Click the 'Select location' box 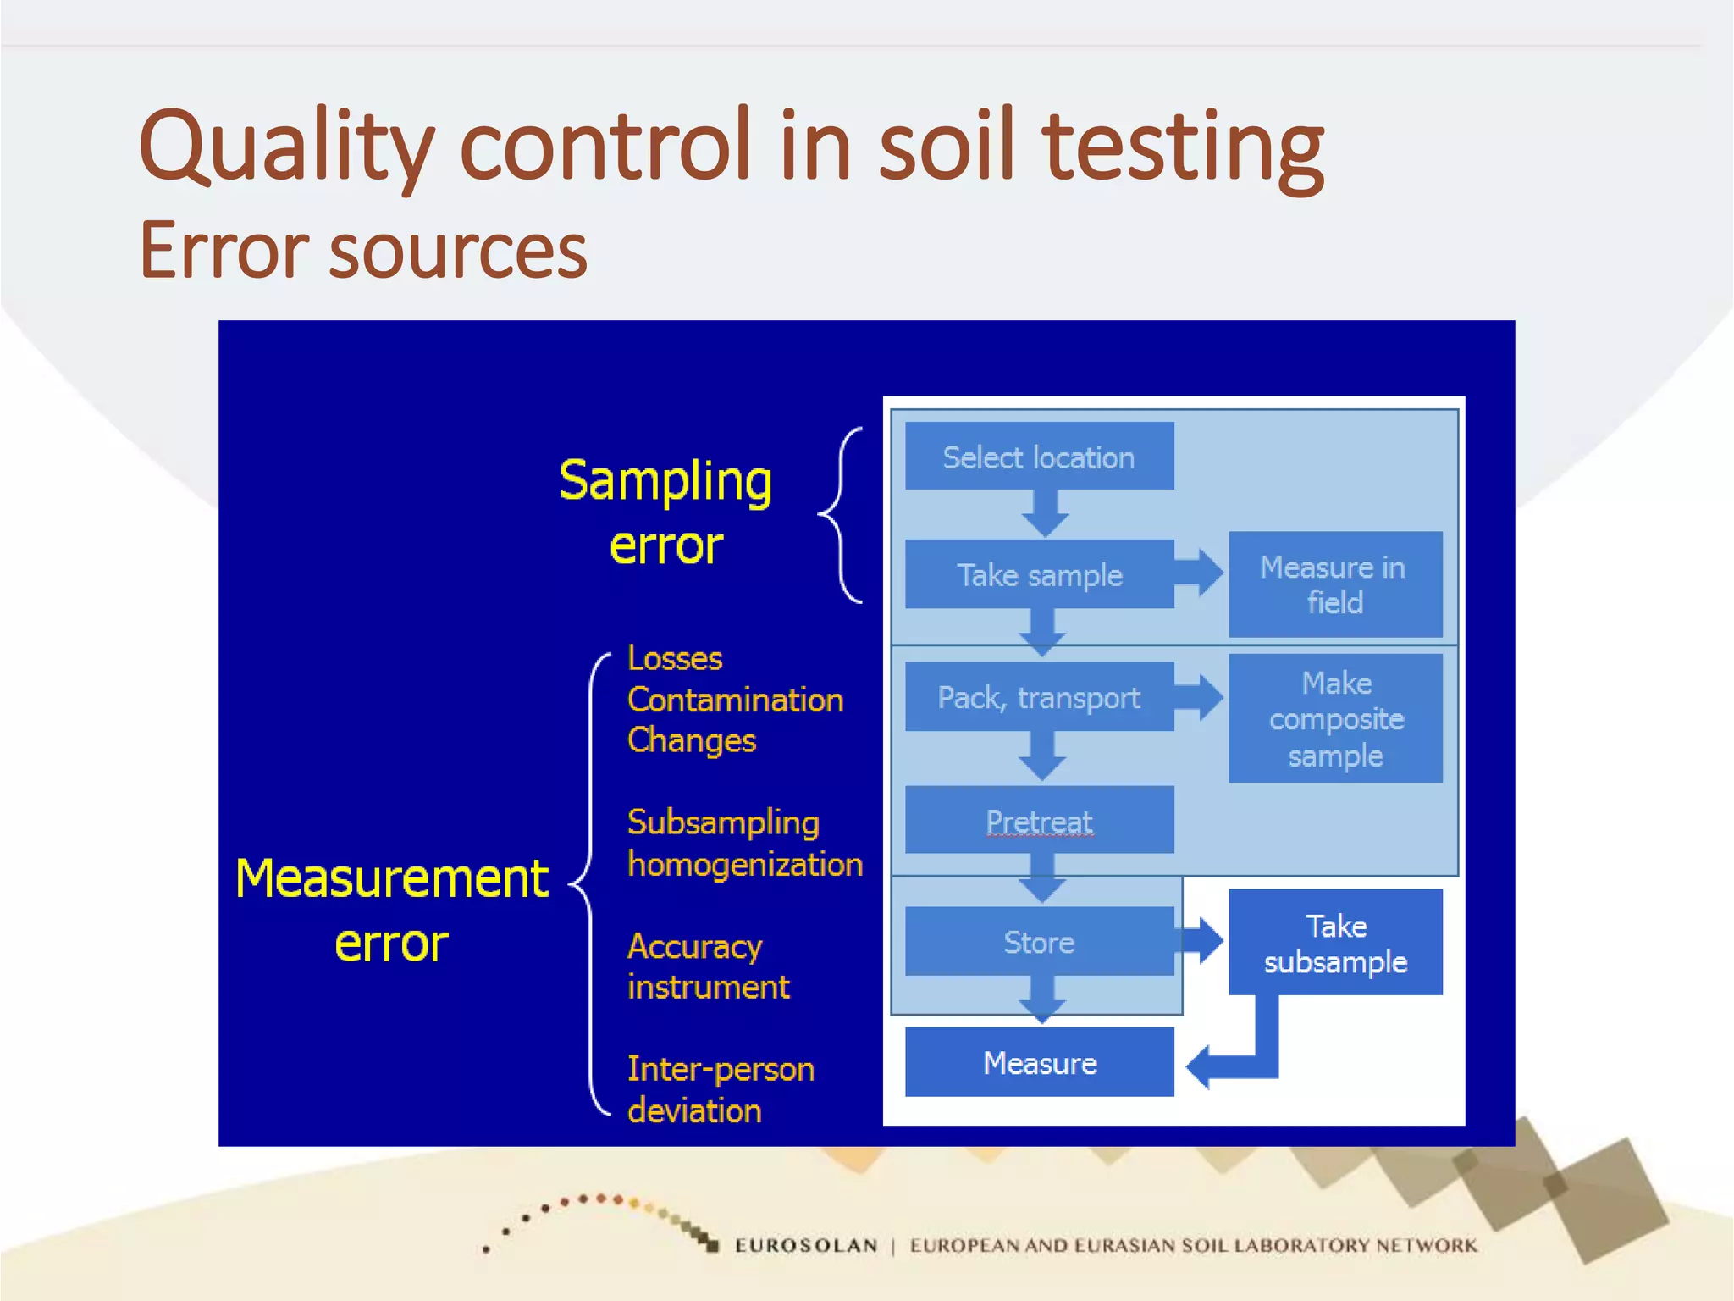[x=1039, y=457]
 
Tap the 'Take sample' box [x=1039, y=574]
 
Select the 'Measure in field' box [x=1334, y=584]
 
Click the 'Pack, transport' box [x=1039, y=697]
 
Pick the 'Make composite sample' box [x=1334, y=718]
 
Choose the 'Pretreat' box [x=1039, y=820]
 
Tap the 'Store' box [x=1039, y=941]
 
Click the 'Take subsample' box [x=1334, y=942]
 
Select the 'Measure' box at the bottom [x=1039, y=1062]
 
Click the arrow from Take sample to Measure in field [x=1201, y=572]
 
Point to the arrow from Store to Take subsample [x=1201, y=939]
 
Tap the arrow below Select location [x=1044, y=513]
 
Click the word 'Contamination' [x=735, y=700]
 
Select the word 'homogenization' [x=745, y=864]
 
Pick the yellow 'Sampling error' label [x=665, y=512]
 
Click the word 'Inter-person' [x=721, y=1069]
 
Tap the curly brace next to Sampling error [x=842, y=515]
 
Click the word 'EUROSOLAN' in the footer [x=805, y=1245]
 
